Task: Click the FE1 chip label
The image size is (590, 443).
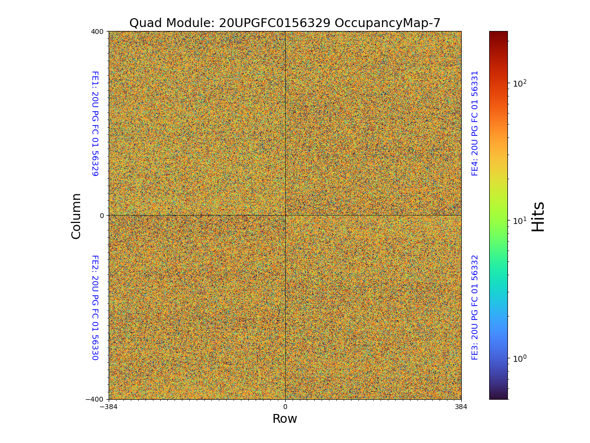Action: coord(95,124)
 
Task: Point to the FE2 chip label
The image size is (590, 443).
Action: coord(95,307)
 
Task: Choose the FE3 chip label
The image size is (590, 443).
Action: coord(475,307)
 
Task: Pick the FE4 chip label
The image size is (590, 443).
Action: coord(475,123)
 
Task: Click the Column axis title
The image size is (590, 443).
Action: coord(76,216)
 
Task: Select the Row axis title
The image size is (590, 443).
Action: coord(285,419)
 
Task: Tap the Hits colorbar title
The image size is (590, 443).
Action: coord(538,216)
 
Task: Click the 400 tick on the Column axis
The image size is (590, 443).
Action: coord(97,32)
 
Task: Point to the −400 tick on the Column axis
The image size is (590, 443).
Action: coord(95,399)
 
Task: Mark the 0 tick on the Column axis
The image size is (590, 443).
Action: coord(102,216)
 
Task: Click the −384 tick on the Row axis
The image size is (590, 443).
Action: coord(109,407)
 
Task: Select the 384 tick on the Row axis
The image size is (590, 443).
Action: coord(461,407)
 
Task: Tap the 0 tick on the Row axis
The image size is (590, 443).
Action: coord(285,407)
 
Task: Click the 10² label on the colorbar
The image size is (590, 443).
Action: coord(520,83)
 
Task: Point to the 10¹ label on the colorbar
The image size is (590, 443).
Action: coord(520,221)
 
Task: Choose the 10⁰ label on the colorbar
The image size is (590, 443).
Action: coord(520,358)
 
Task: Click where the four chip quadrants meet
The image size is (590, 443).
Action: coord(285,215)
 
